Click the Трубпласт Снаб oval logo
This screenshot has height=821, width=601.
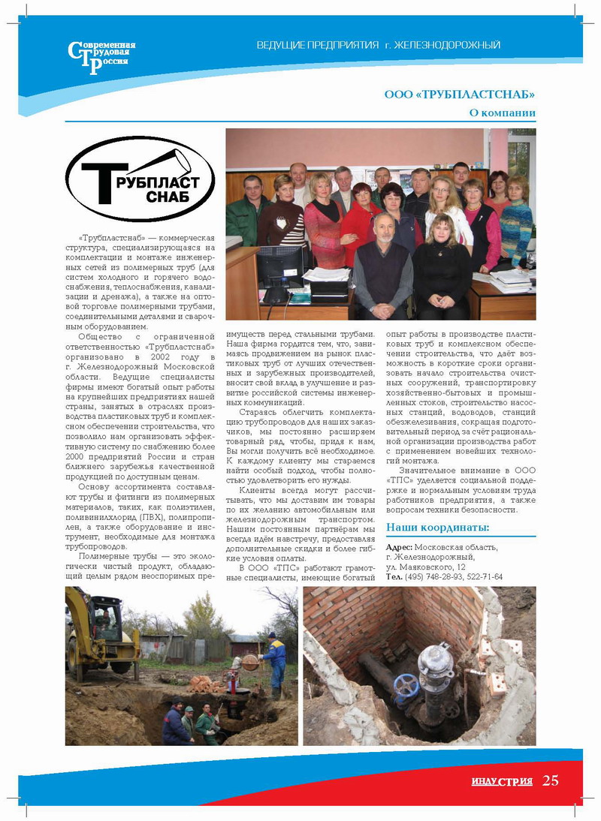[x=140, y=179]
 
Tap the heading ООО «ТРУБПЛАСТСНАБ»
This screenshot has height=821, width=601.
[x=460, y=95]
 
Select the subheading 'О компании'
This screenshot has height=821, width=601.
[x=502, y=113]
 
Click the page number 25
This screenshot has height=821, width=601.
[x=551, y=780]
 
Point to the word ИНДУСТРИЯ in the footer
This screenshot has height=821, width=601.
[x=502, y=781]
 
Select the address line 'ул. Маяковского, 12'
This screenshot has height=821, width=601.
[x=425, y=567]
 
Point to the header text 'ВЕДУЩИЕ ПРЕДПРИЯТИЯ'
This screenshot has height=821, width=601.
[x=318, y=46]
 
